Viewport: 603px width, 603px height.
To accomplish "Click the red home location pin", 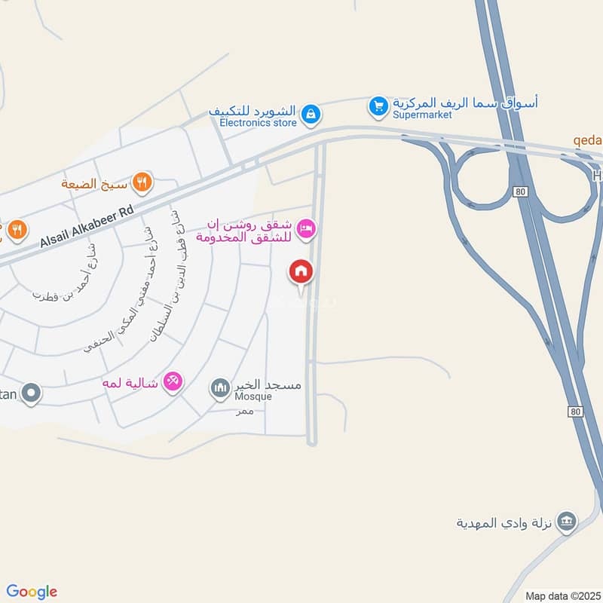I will point(301,272).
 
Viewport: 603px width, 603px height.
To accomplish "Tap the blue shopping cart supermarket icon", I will point(378,106).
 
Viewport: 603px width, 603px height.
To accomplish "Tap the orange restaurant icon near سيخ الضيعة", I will point(142,182).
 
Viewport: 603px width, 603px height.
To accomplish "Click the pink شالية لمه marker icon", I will point(173,382).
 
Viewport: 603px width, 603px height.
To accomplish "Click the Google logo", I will point(32,592).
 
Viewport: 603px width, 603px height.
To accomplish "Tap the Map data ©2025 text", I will point(562,595).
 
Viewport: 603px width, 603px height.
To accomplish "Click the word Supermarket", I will point(422,115).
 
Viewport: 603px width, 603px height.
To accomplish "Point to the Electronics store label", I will point(258,122).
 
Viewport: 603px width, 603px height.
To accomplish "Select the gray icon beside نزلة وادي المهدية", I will point(568,520).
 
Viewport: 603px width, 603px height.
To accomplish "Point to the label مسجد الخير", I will point(268,385).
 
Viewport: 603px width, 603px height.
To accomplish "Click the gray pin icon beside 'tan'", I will point(31,393).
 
